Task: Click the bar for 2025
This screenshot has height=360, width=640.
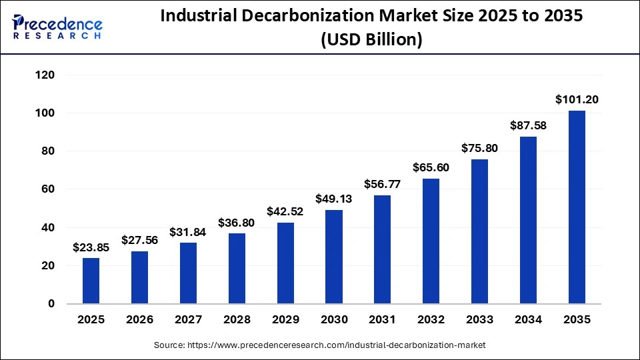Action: [x=91, y=281]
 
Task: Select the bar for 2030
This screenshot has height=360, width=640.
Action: [x=334, y=257]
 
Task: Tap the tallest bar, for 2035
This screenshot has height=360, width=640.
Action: [x=577, y=207]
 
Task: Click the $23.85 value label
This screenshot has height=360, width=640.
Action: [x=91, y=247]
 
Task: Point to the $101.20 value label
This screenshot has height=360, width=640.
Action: [x=577, y=100]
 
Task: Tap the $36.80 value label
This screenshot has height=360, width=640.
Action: [x=237, y=223]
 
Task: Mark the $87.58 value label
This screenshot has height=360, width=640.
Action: [x=528, y=125]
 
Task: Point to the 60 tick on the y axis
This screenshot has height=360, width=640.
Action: [x=47, y=189]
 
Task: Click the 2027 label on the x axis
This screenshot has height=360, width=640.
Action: [x=189, y=319]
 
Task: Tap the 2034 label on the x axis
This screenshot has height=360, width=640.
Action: [x=528, y=319]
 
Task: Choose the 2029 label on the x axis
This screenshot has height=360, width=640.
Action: [x=285, y=319]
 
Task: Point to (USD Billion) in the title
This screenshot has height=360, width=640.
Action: [x=371, y=40]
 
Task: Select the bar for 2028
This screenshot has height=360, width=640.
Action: [x=237, y=269]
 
